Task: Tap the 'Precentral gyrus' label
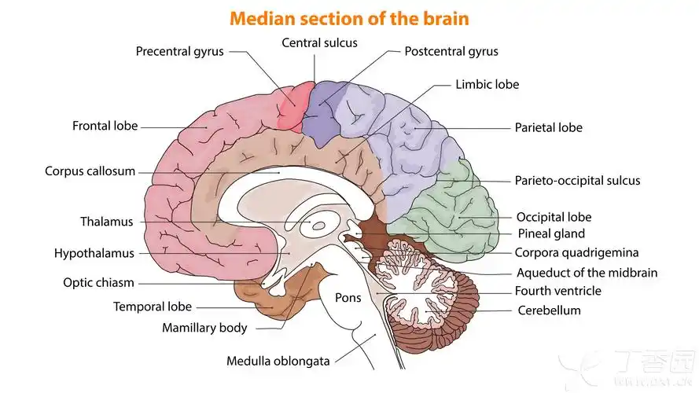[x=179, y=51]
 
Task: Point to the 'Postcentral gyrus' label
[x=451, y=51]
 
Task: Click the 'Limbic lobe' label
[x=487, y=84]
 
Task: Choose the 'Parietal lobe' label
[x=548, y=127]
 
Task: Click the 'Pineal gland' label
[x=550, y=233]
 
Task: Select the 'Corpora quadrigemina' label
[x=576, y=252]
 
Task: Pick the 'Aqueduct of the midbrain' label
[x=587, y=273]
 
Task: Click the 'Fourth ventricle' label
[x=558, y=291]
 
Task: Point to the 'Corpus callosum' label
[x=90, y=171]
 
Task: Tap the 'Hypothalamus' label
[x=94, y=253]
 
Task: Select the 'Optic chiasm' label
[x=98, y=282]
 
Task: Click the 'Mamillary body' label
[x=204, y=328]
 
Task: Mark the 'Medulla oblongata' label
[x=278, y=362]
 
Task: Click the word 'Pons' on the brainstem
[x=348, y=298]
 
